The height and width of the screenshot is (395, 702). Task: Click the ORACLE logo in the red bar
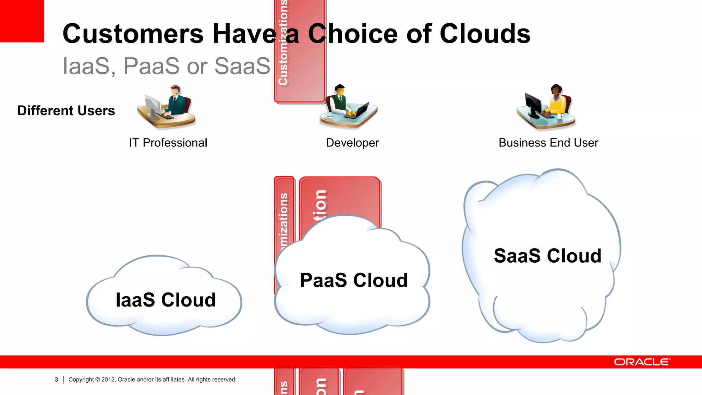642,362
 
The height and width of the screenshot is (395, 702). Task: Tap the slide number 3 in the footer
56,380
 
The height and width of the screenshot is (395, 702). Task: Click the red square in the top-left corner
22,21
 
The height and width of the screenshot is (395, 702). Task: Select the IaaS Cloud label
166,300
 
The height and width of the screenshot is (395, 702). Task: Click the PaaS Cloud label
354,280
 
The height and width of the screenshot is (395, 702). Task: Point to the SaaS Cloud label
547,256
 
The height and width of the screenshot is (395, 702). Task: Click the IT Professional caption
168,143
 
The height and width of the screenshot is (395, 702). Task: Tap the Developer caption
352,143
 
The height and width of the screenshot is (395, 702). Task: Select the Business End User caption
548,143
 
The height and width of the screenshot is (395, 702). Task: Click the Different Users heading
66,111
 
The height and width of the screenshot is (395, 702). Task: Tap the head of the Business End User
556,90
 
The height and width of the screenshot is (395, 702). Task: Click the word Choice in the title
353,34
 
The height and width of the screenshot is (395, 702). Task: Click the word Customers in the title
133,34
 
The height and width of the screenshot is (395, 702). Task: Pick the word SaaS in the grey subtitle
242,66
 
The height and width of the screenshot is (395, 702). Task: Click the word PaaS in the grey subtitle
151,66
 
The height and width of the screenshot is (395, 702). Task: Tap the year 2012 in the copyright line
108,380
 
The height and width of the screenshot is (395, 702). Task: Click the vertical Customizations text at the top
283,43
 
